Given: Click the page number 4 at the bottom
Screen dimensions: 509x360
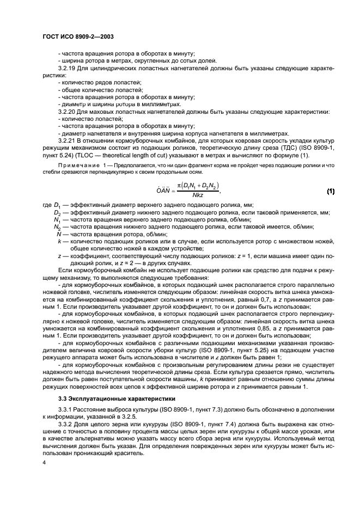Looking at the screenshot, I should click(x=44, y=462).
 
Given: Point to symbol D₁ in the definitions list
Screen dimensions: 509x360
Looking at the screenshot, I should click(x=57, y=205).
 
